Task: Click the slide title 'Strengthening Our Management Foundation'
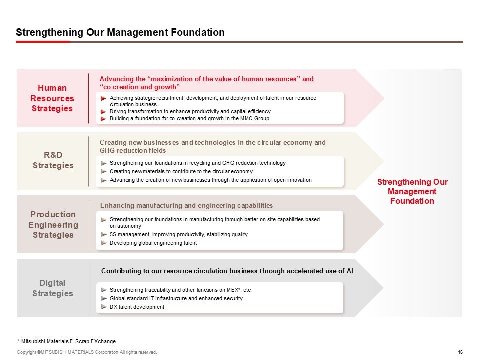(x=120, y=33)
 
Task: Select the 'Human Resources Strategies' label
(x=52, y=98)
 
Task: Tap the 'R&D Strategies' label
(x=52, y=160)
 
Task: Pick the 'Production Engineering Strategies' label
(x=52, y=225)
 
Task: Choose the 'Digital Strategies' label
(x=52, y=288)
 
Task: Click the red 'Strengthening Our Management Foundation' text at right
(x=412, y=191)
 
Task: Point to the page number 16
(x=460, y=352)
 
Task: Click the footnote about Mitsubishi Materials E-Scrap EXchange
(x=66, y=341)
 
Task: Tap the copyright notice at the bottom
(x=87, y=352)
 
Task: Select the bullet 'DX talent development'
(x=137, y=307)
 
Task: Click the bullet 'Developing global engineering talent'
(x=153, y=243)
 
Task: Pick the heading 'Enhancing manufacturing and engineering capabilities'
(x=186, y=205)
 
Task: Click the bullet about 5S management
(x=178, y=234)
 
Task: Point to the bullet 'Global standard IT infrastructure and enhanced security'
(x=176, y=298)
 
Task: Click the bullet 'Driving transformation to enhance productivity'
(x=190, y=111)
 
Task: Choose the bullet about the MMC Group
(x=189, y=118)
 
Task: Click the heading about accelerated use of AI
(x=227, y=271)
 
